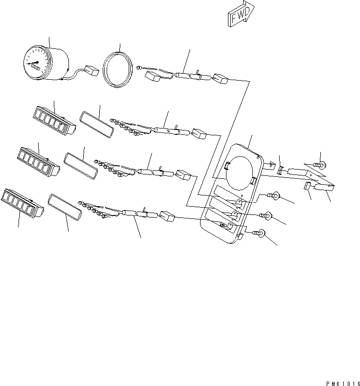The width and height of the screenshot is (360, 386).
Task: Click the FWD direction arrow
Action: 241,14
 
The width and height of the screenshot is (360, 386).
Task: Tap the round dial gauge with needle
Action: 46,63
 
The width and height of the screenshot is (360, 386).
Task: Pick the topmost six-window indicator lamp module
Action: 54,121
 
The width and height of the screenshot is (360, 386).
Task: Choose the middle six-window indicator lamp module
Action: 39,162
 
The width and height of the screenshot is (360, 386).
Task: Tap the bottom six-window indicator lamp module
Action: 22,203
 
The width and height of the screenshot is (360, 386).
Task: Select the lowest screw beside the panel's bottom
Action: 258,233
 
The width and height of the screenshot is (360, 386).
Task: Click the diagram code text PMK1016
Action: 343,383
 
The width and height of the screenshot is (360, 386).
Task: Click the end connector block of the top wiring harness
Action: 220,79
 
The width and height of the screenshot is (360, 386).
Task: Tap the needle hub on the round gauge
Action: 38,62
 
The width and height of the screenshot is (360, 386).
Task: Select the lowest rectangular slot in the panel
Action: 219,220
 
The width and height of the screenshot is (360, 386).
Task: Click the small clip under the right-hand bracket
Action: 307,186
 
